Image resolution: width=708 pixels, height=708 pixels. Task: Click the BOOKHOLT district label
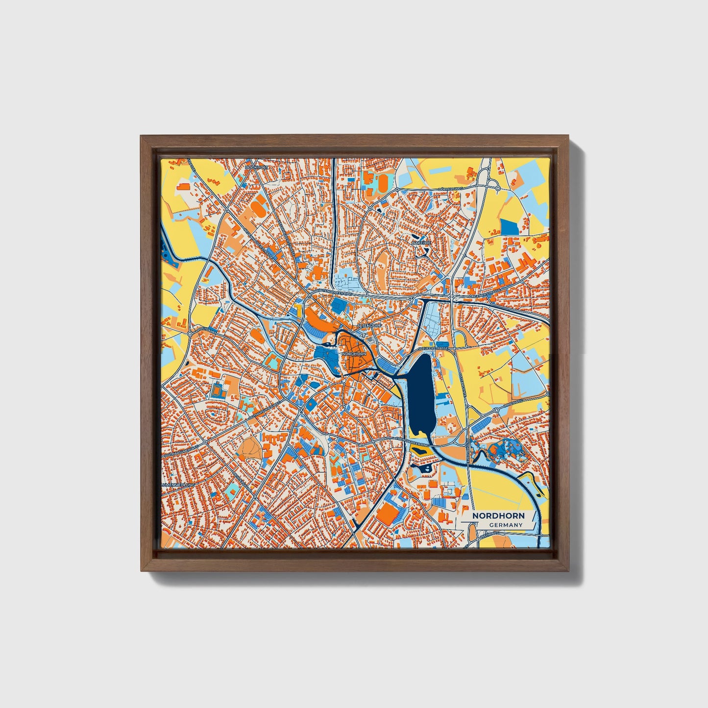pyautogui.click(x=257, y=168)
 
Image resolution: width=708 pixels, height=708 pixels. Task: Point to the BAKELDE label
pyautogui.click(x=421, y=243)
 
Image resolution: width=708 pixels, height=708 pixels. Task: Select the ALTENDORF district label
pyautogui.click(x=369, y=325)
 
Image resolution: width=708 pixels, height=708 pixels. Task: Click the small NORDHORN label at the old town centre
pyautogui.click(x=354, y=353)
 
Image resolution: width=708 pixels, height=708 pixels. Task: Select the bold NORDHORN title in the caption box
pyautogui.click(x=498, y=516)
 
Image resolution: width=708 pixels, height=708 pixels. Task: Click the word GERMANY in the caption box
pyautogui.click(x=506, y=525)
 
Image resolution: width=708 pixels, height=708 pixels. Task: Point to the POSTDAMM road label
pyautogui.click(x=206, y=330)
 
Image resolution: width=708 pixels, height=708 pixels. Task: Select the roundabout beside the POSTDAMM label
pyautogui.click(x=190, y=333)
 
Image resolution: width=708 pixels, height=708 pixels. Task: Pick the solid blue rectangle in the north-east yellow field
pyautogui.click(x=508, y=226)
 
